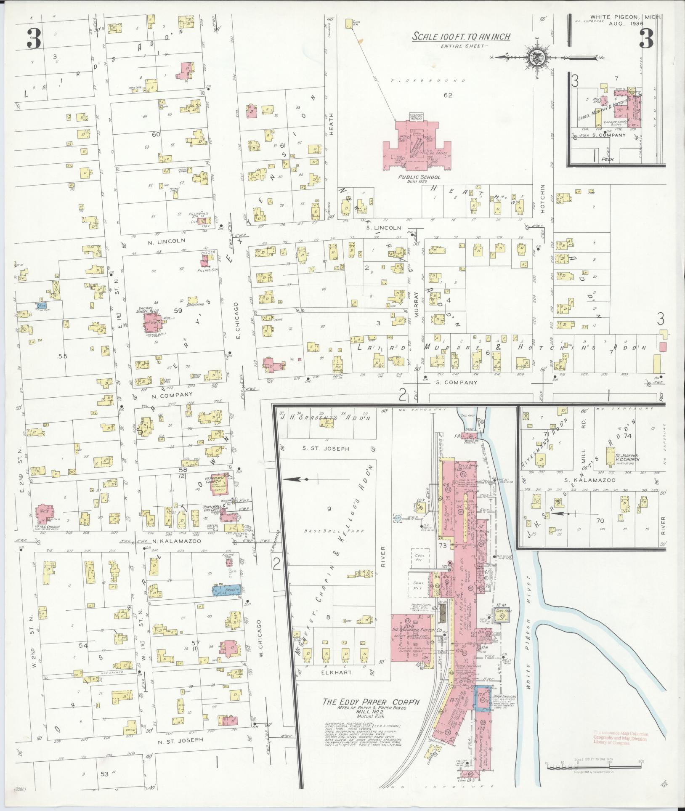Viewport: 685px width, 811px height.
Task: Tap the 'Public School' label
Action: [x=419, y=177]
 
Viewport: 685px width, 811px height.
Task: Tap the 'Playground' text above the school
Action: [x=428, y=80]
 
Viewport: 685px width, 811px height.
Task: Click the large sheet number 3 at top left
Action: [x=34, y=40]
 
